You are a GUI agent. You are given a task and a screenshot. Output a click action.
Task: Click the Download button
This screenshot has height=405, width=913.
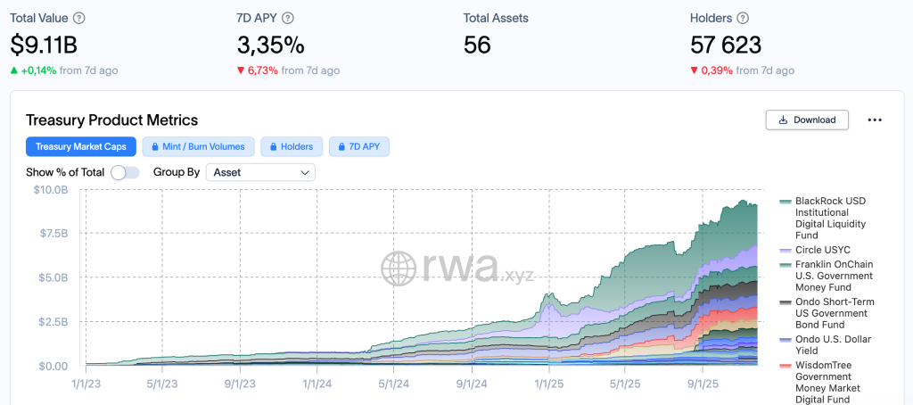click(806, 120)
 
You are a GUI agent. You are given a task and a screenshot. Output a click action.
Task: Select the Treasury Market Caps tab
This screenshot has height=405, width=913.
click(81, 146)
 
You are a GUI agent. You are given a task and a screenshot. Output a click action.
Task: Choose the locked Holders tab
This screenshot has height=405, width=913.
click(292, 146)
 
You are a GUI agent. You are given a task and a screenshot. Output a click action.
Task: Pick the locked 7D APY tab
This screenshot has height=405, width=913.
click(359, 146)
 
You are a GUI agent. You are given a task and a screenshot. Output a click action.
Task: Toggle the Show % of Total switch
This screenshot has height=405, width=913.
click(125, 172)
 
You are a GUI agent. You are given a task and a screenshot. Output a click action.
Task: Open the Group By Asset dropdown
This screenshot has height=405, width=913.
click(260, 172)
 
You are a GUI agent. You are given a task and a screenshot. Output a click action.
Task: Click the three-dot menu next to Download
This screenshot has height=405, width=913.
click(874, 120)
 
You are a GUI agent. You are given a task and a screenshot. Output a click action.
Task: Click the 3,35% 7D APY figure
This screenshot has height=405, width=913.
click(270, 45)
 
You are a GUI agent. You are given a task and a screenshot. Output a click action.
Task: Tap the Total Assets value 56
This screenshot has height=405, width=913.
click(477, 45)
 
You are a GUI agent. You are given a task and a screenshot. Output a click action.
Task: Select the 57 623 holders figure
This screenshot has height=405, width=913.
click(726, 45)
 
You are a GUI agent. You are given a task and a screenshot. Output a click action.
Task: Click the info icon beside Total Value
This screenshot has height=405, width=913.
click(79, 18)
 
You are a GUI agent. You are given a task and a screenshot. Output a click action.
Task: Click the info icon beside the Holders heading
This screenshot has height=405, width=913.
click(743, 18)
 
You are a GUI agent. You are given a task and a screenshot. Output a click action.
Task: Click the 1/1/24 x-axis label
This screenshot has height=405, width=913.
click(318, 384)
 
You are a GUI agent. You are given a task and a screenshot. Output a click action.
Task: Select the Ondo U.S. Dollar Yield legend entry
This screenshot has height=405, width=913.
click(833, 345)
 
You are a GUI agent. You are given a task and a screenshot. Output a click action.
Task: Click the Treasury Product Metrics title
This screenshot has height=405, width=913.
click(111, 120)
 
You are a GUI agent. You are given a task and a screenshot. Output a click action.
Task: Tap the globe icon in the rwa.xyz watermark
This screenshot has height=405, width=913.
click(399, 267)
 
